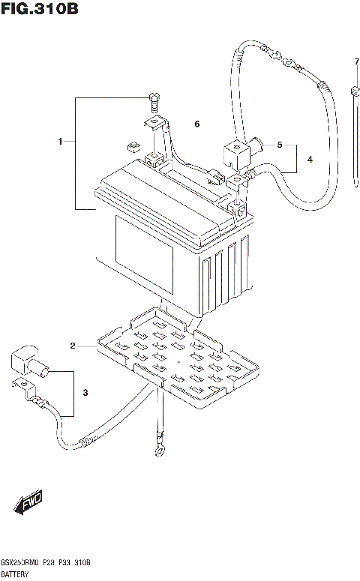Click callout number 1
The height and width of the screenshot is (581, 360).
[61, 141]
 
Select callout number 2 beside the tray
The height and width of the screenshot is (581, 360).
[73, 346]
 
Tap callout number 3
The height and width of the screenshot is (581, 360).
[85, 393]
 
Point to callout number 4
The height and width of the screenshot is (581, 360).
[309, 159]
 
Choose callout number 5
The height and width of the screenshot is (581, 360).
[279, 145]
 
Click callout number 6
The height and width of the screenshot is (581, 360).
[197, 124]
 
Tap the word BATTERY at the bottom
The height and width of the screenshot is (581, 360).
[17, 572]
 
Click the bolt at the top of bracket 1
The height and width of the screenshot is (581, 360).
[154, 98]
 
